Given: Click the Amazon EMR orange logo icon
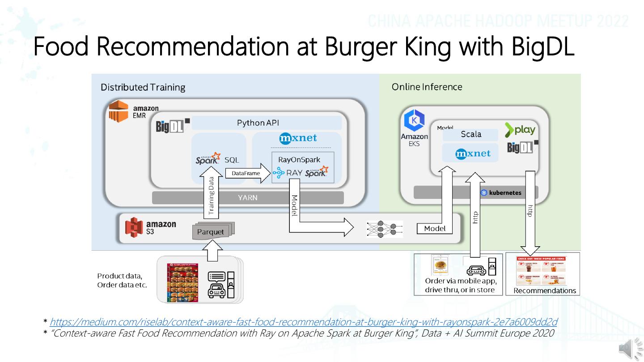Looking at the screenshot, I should coord(119,111).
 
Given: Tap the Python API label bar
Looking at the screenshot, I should coord(267,123).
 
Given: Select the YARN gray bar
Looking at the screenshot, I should coord(248,198).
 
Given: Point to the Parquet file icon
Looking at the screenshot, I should coord(211,232).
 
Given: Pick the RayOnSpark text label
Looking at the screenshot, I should coord(299,160).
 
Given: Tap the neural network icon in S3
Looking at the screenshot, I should coord(384,228).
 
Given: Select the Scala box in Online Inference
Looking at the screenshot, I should coord(470,135).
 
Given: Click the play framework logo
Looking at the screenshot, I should coord(520,130).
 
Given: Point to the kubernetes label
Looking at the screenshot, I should coord(501,193).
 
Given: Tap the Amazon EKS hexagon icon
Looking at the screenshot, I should coord(414,121).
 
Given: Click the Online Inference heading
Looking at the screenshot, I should coord(427,87).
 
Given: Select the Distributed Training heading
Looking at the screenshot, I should coord(143,87).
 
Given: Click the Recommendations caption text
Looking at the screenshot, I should coord(544,290).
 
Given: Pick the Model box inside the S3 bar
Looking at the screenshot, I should coord(435,228).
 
